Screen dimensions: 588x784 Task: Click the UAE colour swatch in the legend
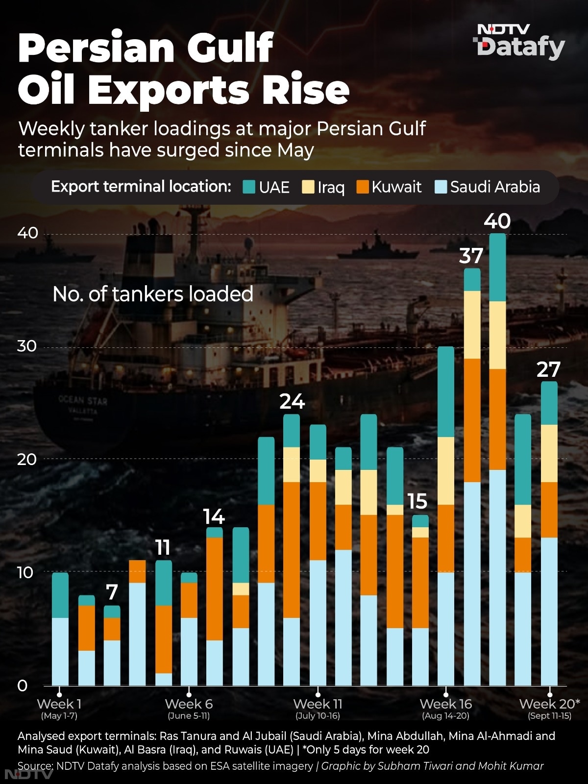click(x=249, y=187)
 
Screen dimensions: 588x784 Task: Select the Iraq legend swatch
click(x=308, y=187)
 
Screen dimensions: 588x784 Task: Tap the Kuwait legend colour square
click(x=363, y=187)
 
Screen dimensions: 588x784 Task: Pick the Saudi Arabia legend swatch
click(x=441, y=187)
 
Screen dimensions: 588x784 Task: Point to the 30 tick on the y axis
click(x=27, y=346)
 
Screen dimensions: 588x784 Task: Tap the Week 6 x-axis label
click(x=189, y=704)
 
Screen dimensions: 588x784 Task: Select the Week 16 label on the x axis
click(x=445, y=704)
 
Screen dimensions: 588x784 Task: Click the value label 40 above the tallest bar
click(x=497, y=221)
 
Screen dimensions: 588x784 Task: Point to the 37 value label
click(x=471, y=256)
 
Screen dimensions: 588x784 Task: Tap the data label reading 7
click(x=112, y=592)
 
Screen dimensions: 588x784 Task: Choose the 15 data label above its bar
click(x=417, y=501)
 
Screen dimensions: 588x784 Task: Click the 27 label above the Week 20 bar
click(x=548, y=369)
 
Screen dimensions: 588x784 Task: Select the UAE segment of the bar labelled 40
click(x=497, y=267)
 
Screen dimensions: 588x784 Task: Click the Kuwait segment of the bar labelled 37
click(x=472, y=420)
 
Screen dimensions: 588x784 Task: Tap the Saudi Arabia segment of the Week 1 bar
click(x=60, y=652)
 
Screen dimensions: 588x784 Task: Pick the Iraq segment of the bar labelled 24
click(x=292, y=465)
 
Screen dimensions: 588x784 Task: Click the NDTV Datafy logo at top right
click(x=519, y=42)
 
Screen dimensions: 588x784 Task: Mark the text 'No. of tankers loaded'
click(x=153, y=294)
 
